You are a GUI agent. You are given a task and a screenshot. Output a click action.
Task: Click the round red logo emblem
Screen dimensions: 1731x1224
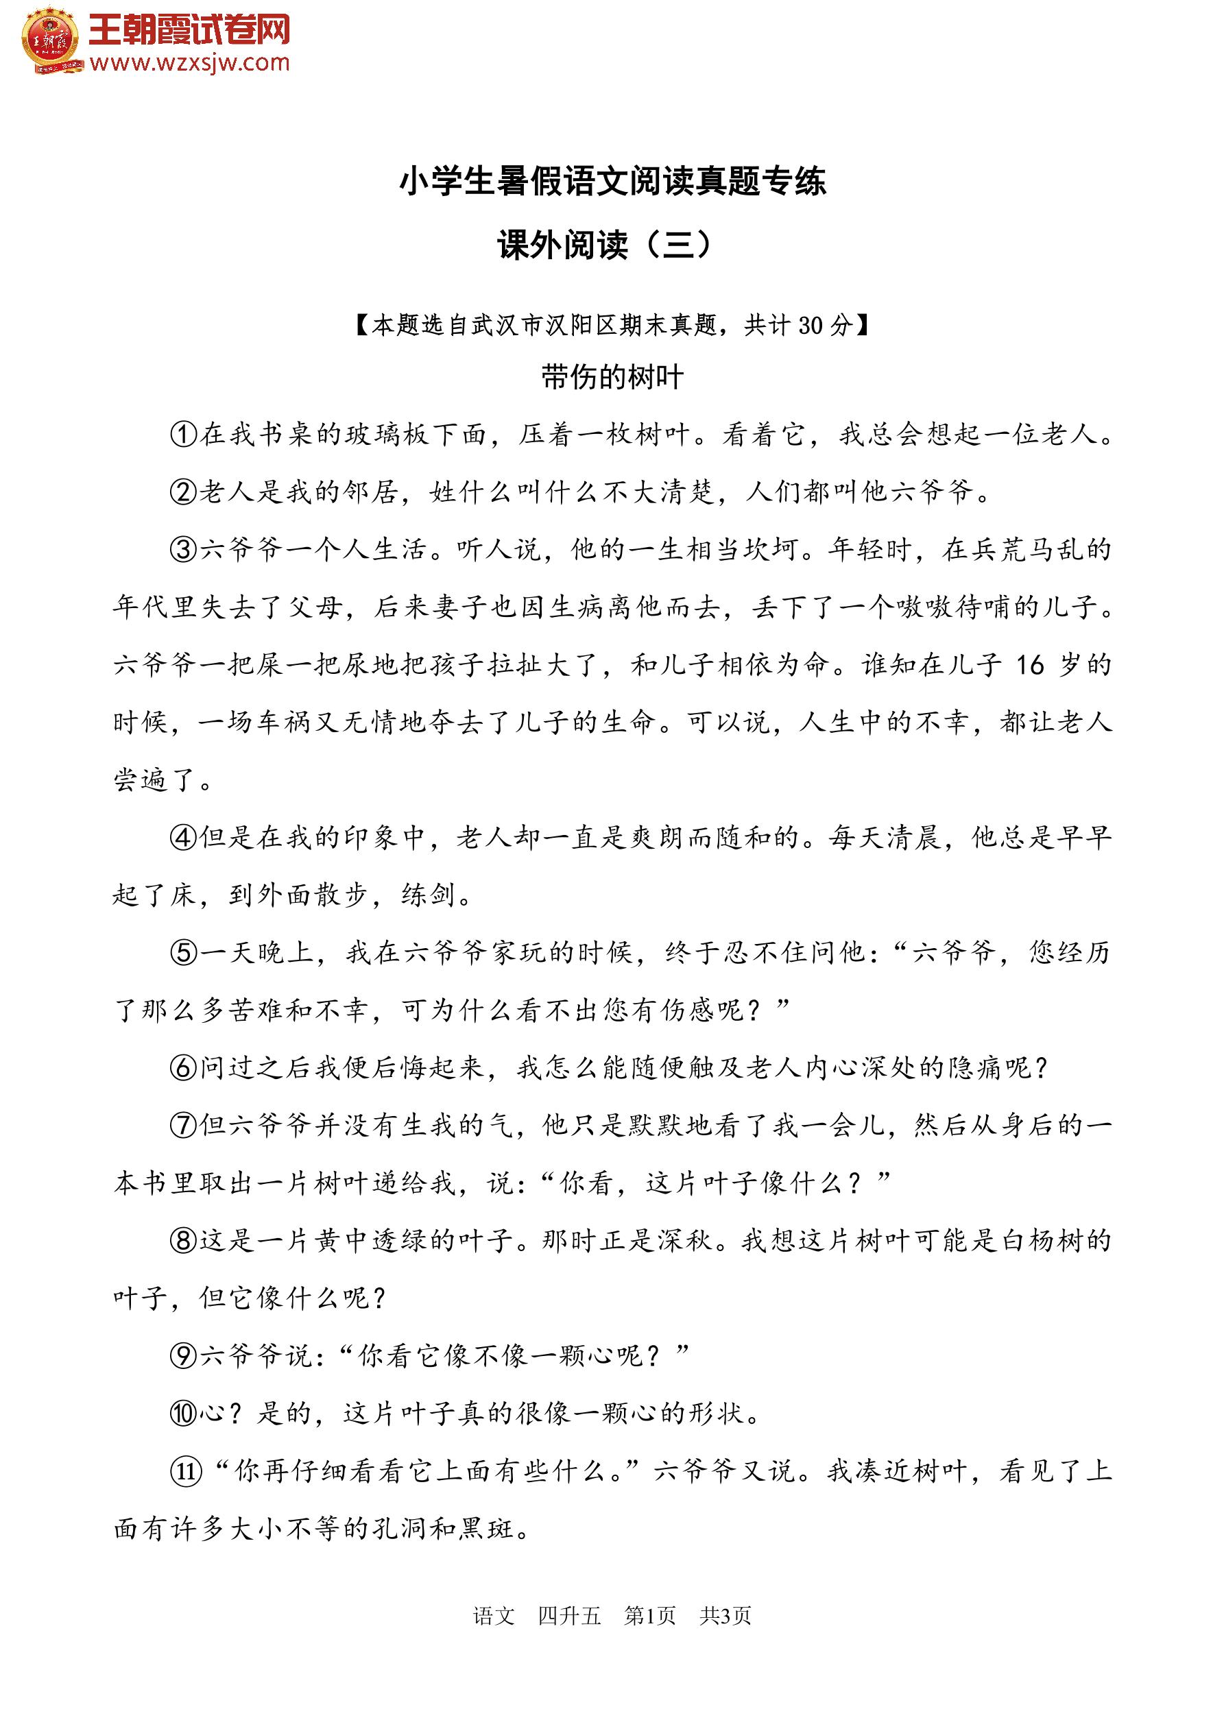coord(51,40)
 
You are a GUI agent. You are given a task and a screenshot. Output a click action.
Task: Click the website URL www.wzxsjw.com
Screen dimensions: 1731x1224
coord(189,63)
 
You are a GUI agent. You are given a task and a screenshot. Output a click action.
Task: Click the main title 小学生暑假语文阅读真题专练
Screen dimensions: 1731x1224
coord(612,182)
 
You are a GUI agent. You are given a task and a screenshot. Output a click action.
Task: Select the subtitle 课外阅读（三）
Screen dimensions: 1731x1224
coord(604,244)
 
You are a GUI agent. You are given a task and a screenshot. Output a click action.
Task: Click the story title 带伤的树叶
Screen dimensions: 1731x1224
coord(612,376)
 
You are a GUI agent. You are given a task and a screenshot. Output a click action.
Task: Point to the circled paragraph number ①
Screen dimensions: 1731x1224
coord(183,434)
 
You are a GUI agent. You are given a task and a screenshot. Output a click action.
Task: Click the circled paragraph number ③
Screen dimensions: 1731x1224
coord(183,550)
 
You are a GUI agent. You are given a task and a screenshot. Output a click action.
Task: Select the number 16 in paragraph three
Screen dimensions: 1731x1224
coord(1029,665)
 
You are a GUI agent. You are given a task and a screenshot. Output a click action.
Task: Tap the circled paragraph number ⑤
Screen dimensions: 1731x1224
coord(183,953)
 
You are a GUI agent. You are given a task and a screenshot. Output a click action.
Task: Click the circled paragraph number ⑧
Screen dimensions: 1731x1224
coord(183,1241)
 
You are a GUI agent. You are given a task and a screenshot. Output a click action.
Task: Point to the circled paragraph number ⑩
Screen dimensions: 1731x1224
coord(183,1414)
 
